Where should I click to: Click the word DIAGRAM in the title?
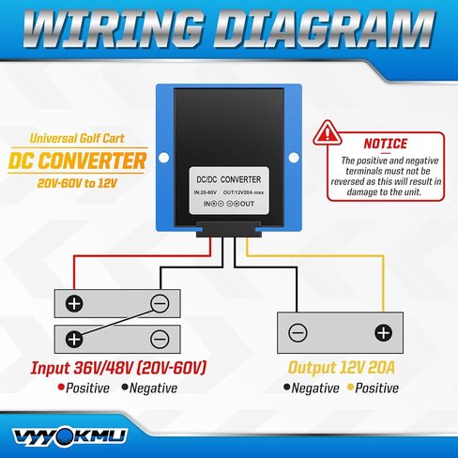click(324, 29)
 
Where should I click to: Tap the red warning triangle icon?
click(328, 133)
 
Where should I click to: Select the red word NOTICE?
click(386, 144)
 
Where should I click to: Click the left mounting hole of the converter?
click(164, 158)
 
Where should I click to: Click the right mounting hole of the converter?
click(294, 158)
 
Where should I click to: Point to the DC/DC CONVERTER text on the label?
click(229, 179)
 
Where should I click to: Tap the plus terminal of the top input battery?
click(74, 303)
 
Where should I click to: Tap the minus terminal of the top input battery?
click(160, 303)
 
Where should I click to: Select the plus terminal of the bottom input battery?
click(74, 339)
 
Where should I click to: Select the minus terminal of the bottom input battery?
click(160, 339)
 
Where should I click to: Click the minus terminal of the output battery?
click(298, 332)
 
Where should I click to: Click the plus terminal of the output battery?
click(383, 332)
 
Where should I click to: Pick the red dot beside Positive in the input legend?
click(61, 388)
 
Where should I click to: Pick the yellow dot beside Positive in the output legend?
click(351, 388)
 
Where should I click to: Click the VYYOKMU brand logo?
click(70, 436)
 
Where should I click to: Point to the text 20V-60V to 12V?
click(77, 183)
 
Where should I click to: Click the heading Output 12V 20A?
click(342, 368)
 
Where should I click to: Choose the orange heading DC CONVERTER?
click(77, 160)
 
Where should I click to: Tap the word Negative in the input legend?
click(153, 389)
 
